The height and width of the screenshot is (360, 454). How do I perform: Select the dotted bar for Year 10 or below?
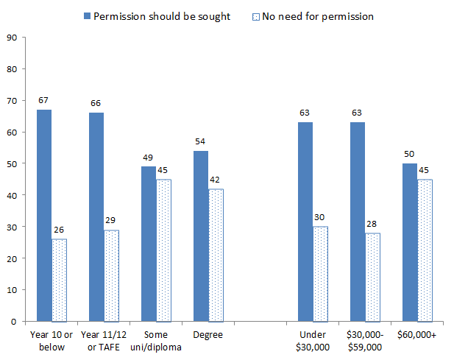click(60, 280)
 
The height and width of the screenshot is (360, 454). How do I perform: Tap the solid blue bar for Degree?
click(201, 236)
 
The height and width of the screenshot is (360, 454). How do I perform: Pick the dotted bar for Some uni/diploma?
click(164, 250)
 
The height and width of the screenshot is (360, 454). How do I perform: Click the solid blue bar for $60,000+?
click(409, 242)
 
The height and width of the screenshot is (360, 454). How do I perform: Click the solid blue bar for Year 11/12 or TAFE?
click(96, 216)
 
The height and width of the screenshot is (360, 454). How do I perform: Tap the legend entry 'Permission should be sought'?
click(163, 15)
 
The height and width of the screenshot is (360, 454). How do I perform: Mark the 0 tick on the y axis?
click(13, 322)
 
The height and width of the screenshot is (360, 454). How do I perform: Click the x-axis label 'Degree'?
click(208, 335)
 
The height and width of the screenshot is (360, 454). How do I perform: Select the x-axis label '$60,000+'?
click(416, 335)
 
